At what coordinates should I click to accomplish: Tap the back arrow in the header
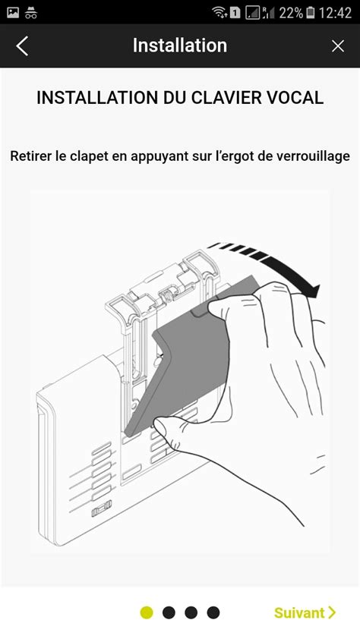[x=22, y=46]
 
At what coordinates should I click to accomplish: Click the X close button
[x=338, y=46]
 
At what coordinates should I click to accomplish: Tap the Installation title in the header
[x=180, y=46]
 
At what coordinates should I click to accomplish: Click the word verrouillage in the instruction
[x=312, y=156]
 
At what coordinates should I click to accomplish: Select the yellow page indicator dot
[x=147, y=612]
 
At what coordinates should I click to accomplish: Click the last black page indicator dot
[x=213, y=612]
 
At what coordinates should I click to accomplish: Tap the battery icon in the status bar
[x=310, y=12]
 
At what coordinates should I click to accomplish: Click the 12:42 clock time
[x=336, y=12]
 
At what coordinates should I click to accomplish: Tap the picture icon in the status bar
[x=13, y=12]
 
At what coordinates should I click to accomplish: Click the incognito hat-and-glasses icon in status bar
[x=32, y=12]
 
